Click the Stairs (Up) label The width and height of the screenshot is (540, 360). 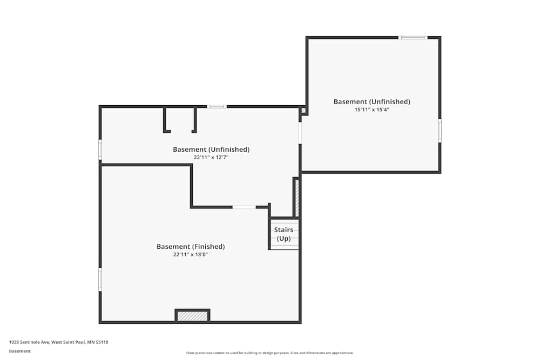(283, 234)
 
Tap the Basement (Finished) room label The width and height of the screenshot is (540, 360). (191, 247)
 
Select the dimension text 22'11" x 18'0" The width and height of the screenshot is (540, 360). (191, 254)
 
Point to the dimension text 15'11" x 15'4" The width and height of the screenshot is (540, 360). (372, 110)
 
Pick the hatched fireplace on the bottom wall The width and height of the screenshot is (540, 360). (192, 316)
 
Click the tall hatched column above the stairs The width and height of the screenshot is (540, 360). (296, 197)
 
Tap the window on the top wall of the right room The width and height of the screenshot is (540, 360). (413, 37)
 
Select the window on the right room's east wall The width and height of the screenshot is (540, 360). (440, 131)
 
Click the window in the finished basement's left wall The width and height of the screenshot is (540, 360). (100, 280)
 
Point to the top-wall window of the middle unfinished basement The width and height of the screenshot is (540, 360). (217, 106)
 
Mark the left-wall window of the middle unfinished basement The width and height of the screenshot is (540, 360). (100, 150)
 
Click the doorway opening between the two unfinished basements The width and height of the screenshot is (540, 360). (300, 132)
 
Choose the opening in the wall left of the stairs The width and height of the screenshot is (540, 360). (244, 207)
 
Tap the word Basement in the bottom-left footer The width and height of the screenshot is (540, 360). (20, 351)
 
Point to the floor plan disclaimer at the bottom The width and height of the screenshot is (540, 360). (270, 353)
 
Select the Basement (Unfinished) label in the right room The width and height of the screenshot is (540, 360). (372, 101)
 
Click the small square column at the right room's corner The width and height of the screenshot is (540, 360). (303, 111)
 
